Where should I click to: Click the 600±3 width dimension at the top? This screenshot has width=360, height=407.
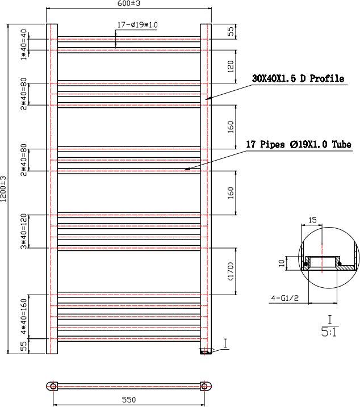(129, 4)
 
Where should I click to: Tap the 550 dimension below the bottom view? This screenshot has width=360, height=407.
(129, 400)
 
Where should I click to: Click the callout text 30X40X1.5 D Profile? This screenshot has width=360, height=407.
(298, 79)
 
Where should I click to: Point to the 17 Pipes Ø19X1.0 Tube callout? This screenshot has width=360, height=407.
(298, 145)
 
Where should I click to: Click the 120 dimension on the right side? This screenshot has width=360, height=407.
(231, 66)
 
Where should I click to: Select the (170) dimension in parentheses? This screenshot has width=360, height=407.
(231, 271)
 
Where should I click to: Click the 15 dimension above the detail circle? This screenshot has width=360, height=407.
(313, 220)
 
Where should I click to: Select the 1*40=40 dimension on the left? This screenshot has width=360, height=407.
(24, 44)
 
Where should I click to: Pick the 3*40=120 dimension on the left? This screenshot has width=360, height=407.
(24, 231)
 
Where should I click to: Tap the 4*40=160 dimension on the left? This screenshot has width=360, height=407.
(24, 316)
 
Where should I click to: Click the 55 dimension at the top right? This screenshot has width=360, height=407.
(231, 31)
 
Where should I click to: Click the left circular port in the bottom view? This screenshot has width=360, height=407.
(53, 386)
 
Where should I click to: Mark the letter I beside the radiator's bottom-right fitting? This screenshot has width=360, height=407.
(225, 342)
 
